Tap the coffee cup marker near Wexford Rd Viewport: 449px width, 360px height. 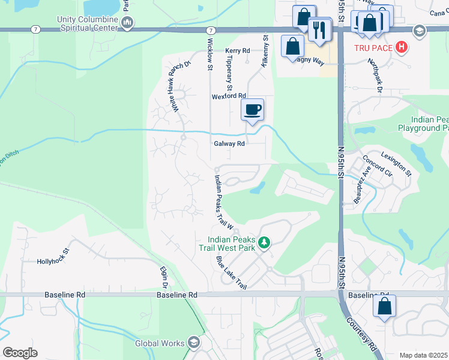253,109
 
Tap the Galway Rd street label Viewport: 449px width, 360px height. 229,144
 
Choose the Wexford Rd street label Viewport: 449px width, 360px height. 229,96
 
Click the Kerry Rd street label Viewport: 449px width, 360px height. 238,51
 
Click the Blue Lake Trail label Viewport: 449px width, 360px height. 232,273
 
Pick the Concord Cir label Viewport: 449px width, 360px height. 377,169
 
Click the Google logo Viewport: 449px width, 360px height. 20,353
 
